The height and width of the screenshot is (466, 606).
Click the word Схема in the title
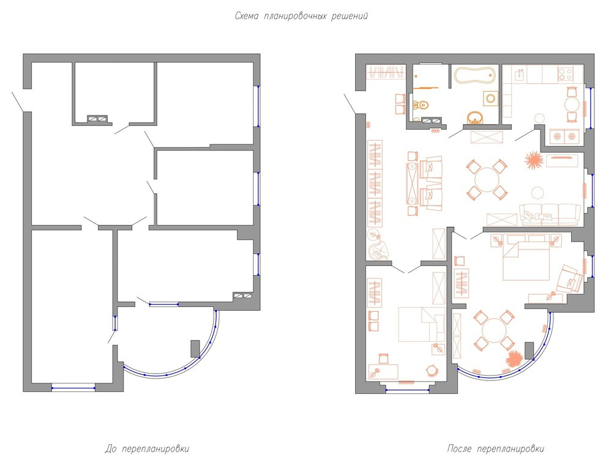pos(247,16)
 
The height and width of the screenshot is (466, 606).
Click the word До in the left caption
pos(111,449)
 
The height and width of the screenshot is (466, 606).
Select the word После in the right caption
pos(459,449)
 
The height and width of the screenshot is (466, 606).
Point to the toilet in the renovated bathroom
pos(420,105)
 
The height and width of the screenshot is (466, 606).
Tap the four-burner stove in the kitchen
pos(566,74)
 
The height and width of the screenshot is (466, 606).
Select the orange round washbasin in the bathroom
pos(475,117)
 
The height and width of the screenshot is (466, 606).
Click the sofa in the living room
pos(550,215)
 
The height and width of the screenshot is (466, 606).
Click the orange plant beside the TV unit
pos(533,160)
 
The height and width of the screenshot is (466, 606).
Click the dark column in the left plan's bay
pos(195,349)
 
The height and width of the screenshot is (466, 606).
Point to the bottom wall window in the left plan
pos(73,388)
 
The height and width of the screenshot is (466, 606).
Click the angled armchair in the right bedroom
pos(569,279)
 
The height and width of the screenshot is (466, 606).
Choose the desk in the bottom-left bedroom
pos(383,371)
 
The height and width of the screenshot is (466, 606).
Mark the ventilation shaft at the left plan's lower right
pos(242,296)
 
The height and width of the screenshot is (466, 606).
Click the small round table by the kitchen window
pos(572,105)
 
